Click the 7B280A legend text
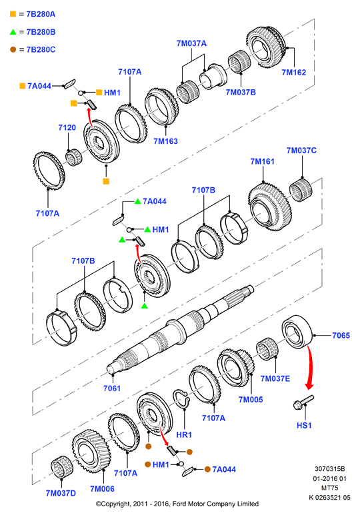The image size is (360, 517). (41, 14)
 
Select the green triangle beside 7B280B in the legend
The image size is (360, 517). (13, 32)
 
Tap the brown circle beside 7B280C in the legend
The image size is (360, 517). (13, 49)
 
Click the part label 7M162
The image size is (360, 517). (294, 72)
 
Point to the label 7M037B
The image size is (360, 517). (241, 92)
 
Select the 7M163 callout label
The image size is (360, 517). (165, 141)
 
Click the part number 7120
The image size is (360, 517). (67, 128)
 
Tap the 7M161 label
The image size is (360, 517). (262, 161)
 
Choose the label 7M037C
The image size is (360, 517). (301, 151)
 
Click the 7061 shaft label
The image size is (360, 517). (112, 388)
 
